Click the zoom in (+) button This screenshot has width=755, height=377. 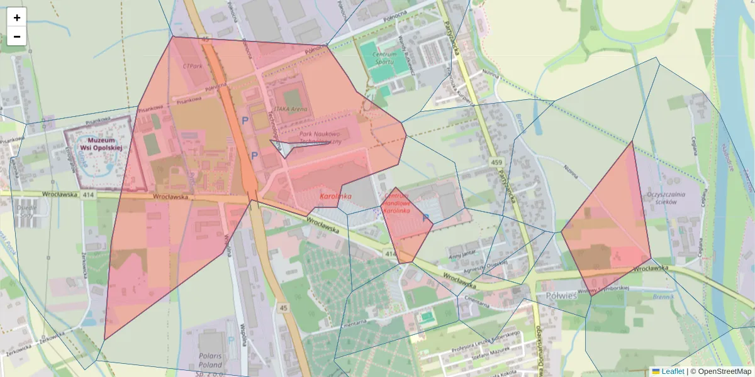tap(17, 18)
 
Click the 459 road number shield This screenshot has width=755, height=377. tap(496, 163)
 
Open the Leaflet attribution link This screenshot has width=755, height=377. tap(673, 371)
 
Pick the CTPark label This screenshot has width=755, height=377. tap(192, 65)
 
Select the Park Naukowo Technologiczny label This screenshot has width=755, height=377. tap(319, 138)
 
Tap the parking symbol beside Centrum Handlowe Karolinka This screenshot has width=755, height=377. tap(427, 218)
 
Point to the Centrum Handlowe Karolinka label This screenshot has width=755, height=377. tap(396, 204)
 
